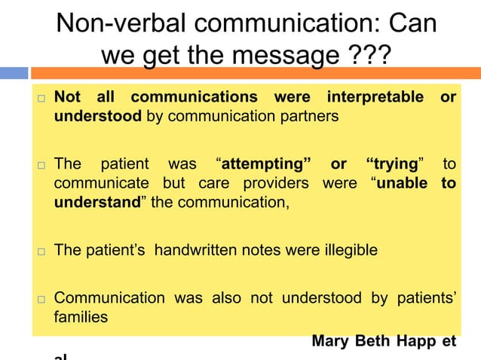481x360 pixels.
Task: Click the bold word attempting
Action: (x=262, y=164)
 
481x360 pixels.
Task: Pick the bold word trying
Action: (x=394, y=164)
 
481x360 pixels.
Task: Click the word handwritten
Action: (x=198, y=249)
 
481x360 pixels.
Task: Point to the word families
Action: (x=81, y=317)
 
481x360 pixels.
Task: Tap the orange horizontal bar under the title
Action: (x=256, y=73)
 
